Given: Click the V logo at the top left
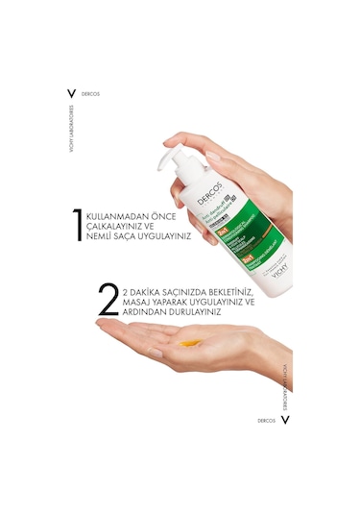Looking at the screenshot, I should [x=69, y=93].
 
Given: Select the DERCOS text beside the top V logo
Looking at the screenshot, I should [x=92, y=93].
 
